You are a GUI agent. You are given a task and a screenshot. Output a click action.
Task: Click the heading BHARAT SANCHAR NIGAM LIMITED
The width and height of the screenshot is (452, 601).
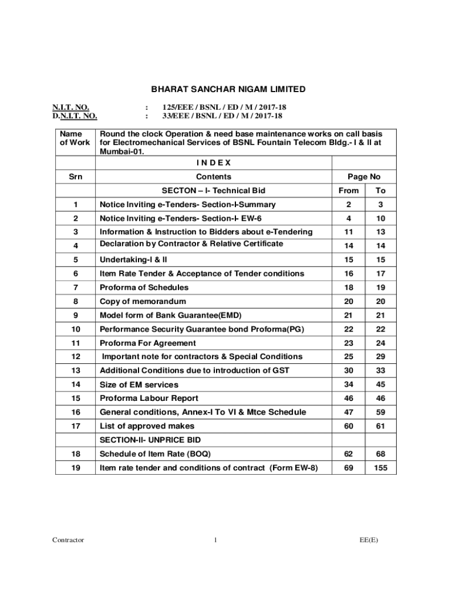point(228,89)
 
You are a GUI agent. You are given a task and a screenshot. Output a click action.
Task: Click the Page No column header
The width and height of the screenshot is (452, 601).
point(364,177)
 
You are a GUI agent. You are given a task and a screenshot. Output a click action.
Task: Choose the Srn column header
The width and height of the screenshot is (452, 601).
point(75,177)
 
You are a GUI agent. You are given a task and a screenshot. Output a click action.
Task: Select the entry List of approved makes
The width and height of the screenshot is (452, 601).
point(147,426)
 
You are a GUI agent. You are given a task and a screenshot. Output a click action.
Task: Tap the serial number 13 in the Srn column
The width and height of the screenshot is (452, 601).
point(75,370)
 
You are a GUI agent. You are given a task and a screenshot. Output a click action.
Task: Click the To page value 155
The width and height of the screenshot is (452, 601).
point(380,468)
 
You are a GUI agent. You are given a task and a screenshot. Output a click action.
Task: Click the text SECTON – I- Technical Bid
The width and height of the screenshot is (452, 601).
point(214,191)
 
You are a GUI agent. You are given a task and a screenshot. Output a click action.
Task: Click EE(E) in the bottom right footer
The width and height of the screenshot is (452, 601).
point(369,540)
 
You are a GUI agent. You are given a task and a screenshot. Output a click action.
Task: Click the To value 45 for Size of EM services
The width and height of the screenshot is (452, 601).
point(380,384)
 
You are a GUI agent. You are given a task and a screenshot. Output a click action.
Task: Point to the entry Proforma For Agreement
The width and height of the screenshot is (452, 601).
point(148,343)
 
